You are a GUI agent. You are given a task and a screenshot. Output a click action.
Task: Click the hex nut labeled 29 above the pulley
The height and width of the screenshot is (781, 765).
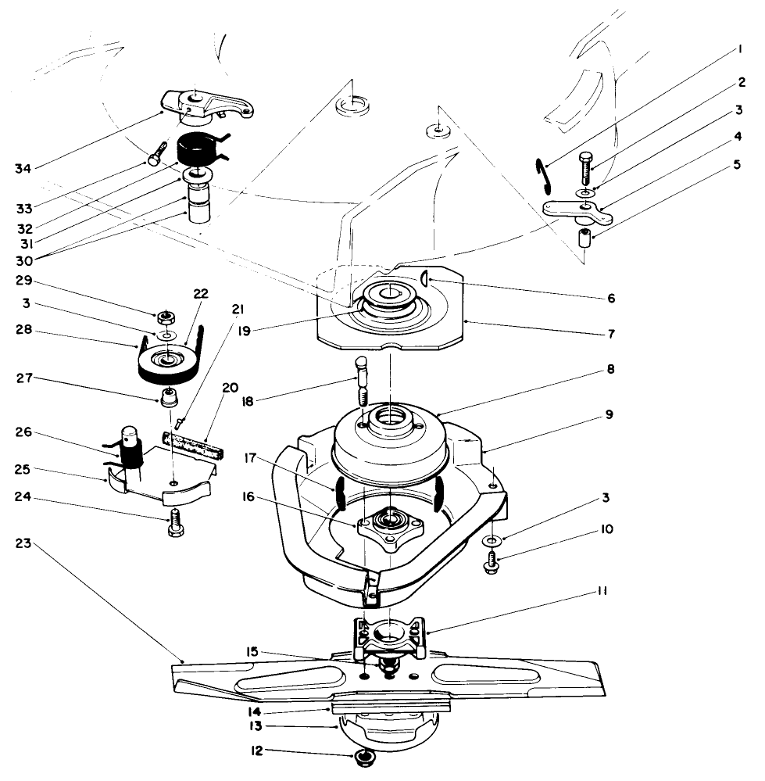[165, 318]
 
